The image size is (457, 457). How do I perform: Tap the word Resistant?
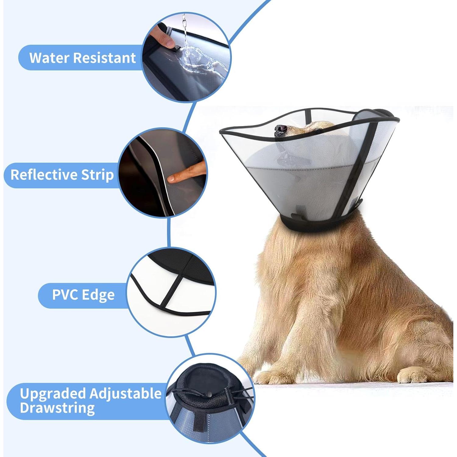point(105,58)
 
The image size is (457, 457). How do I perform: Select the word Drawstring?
point(57,408)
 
